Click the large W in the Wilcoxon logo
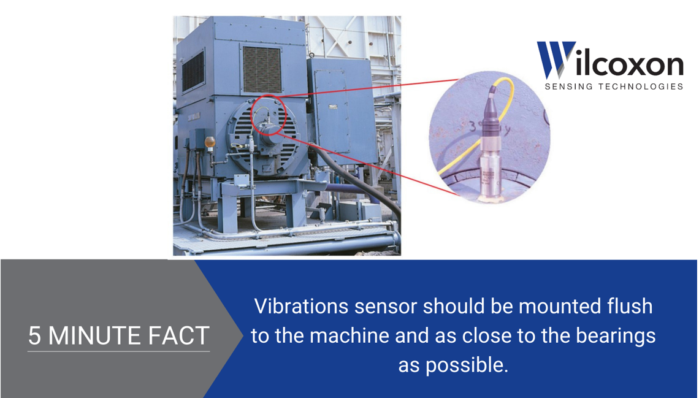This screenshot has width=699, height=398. click(555, 60)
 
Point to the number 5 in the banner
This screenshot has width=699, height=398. click(35, 336)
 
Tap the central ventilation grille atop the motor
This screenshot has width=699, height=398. click(262, 69)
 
